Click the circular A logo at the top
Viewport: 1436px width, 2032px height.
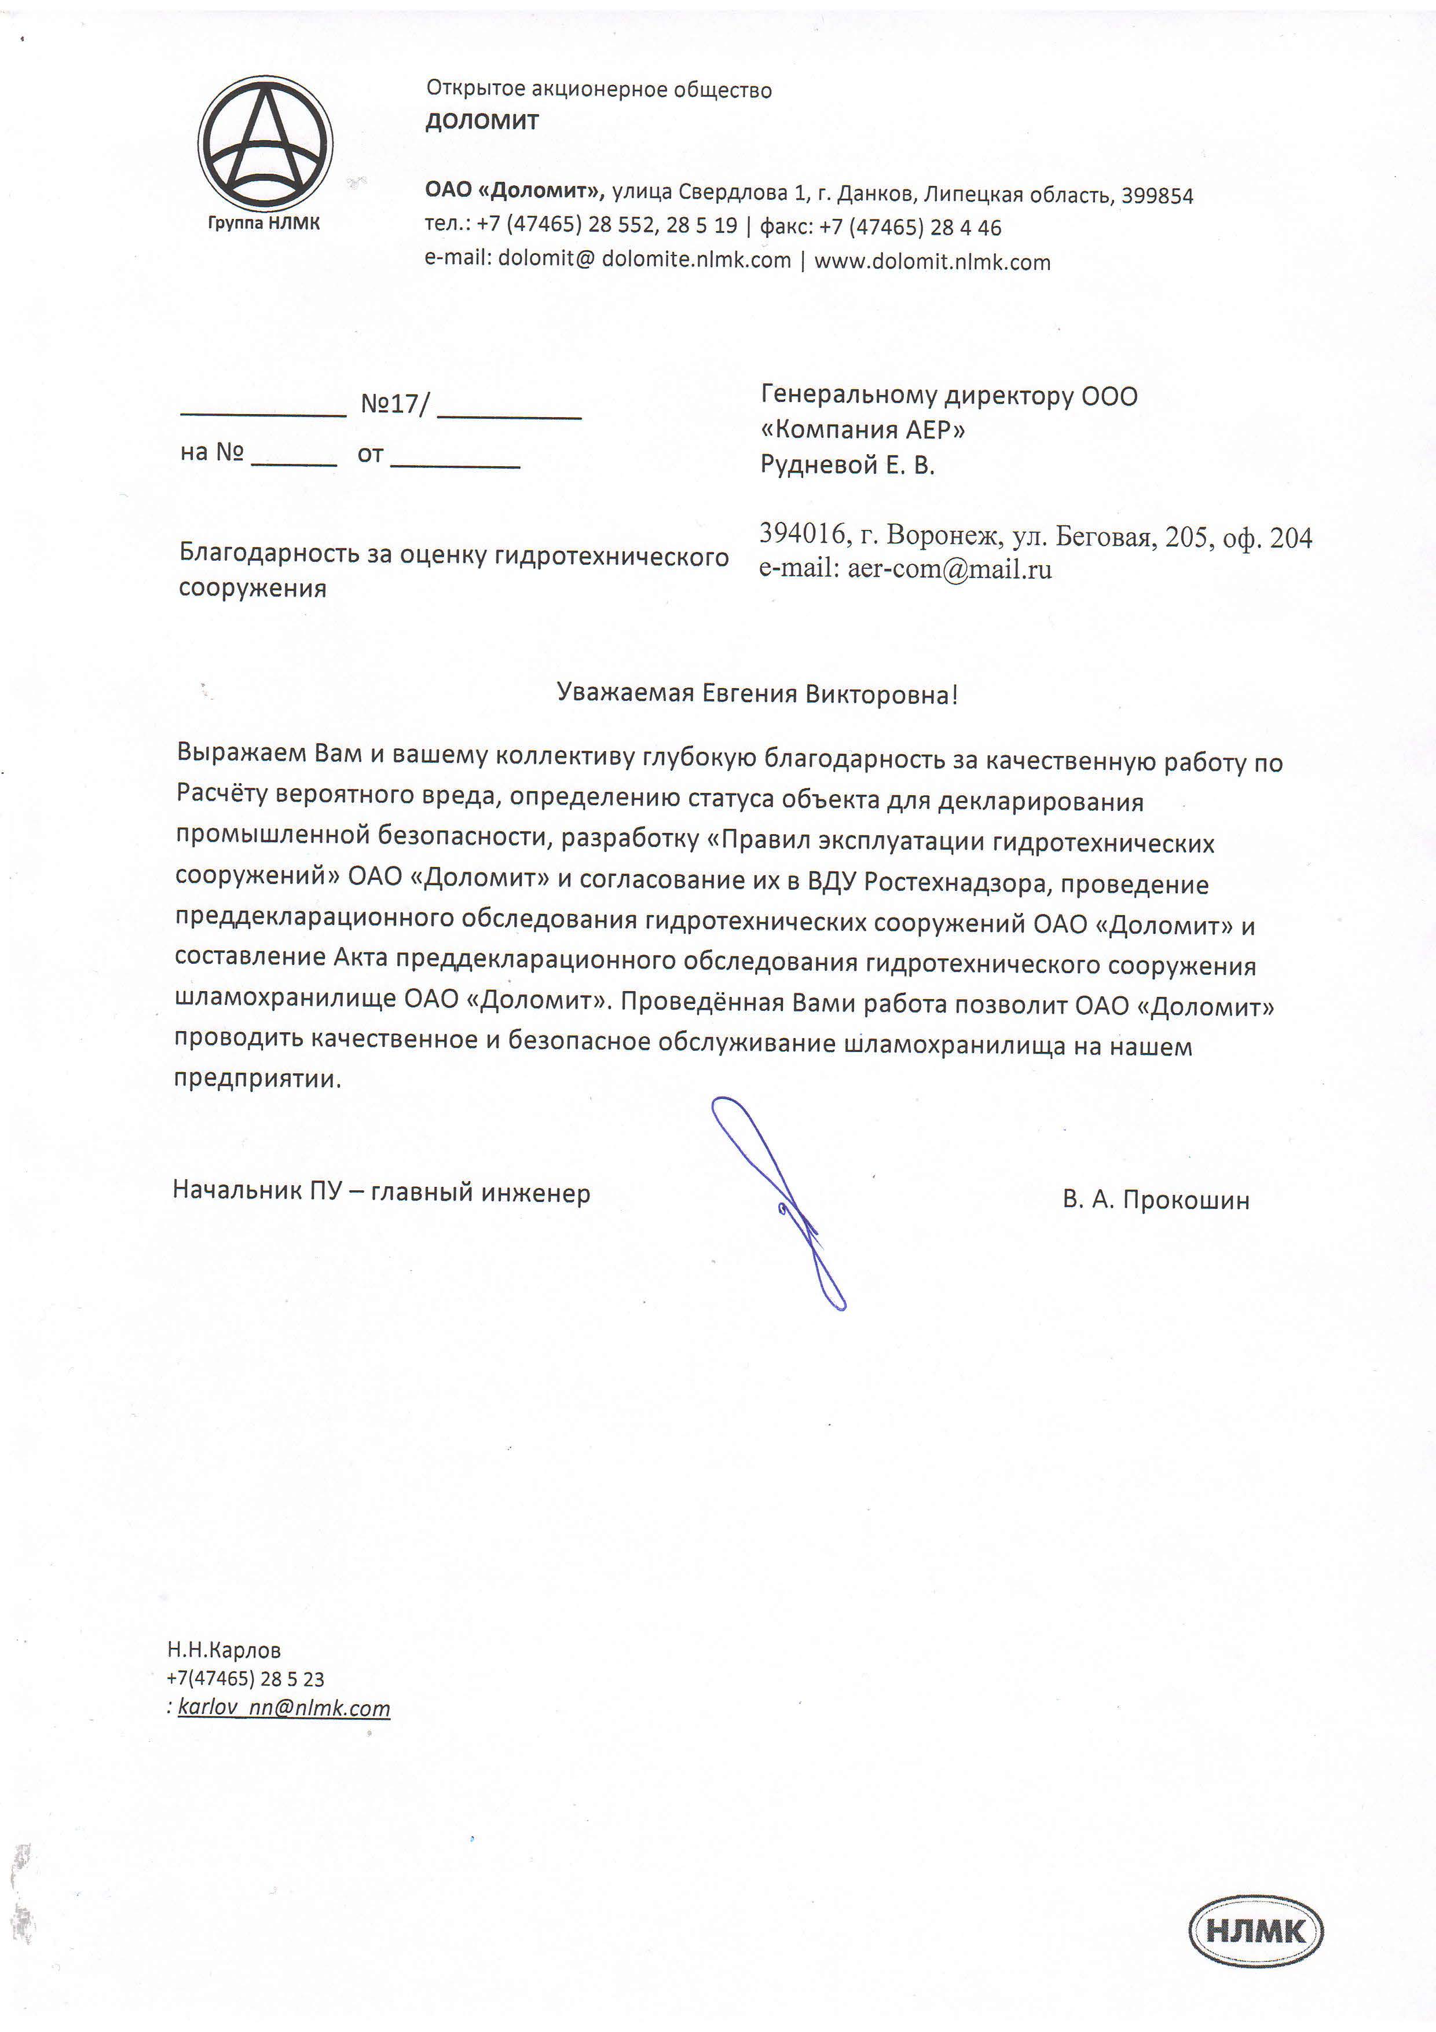point(265,141)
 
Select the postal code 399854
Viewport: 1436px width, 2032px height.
point(1157,196)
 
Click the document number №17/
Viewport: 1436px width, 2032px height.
point(395,404)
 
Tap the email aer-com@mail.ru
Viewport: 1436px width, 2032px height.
point(950,569)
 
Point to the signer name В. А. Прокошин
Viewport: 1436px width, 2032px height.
point(1156,1200)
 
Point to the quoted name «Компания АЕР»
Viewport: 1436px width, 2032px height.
point(863,430)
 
